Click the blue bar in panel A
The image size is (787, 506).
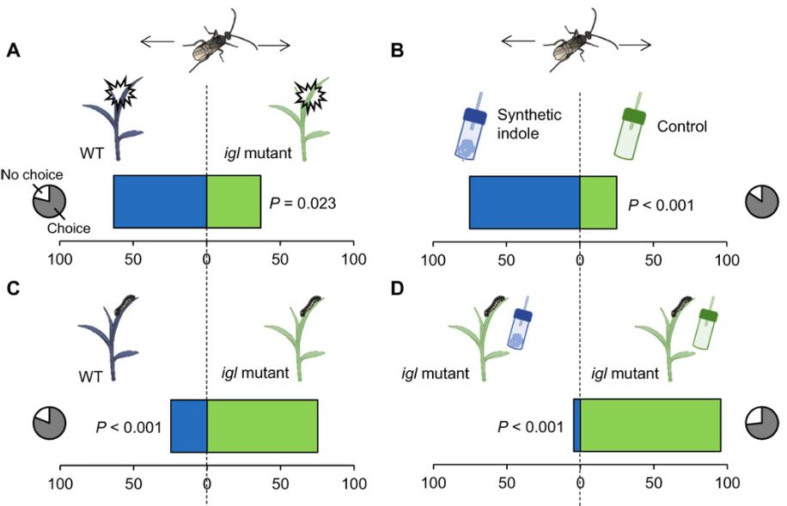[160, 202]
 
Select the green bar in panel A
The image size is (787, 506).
[233, 202]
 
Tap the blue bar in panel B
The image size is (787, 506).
[524, 203]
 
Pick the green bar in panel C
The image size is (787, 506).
[262, 425]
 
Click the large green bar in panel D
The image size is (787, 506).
[650, 425]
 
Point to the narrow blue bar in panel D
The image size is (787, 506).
[577, 425]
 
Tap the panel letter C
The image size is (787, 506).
[13, 289]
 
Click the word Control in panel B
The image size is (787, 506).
[681, 127]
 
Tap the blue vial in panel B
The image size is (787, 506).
[469, 131]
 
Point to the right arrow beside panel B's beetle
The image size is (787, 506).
[634, 42]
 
